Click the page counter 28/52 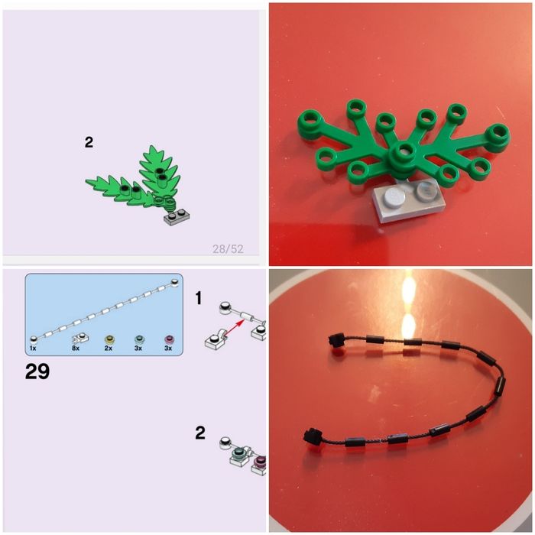228,248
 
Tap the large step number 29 37,371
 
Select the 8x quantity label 76,348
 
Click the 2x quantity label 109,348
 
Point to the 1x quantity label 33,348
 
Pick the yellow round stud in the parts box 109,339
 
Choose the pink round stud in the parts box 169,339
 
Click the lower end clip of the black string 312,436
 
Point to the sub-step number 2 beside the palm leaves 89,142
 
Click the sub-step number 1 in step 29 199,298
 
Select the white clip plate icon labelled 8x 80,339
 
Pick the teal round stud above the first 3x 139,339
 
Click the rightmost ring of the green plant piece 498,134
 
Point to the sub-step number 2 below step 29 200,433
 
